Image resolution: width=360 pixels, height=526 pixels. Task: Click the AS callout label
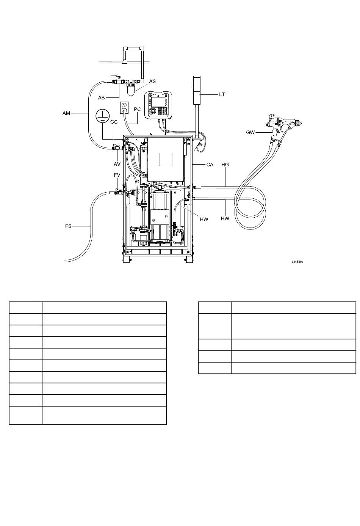point(152,81)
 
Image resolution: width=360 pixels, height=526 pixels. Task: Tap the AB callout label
point(102,97)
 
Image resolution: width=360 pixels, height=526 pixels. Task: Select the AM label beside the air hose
point(66,113)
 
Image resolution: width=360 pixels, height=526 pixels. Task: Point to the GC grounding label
point(114,122)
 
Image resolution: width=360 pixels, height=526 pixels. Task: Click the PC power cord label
point(137,109)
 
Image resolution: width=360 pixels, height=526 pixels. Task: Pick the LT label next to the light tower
point(222,94)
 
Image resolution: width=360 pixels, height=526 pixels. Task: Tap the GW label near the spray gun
point(250,132)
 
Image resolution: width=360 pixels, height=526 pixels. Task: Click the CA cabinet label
point(210,165)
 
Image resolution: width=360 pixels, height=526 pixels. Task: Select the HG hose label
point(225,165)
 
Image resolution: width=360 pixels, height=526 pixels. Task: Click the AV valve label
point(117,164)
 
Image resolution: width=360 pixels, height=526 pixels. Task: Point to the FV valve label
point(117,175)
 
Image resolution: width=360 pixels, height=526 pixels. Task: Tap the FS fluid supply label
point(68,226)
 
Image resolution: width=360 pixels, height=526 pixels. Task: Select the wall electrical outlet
point(124,108)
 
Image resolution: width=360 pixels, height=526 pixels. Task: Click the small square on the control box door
point(166,159)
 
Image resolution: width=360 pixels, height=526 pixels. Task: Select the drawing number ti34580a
point(297,262)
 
